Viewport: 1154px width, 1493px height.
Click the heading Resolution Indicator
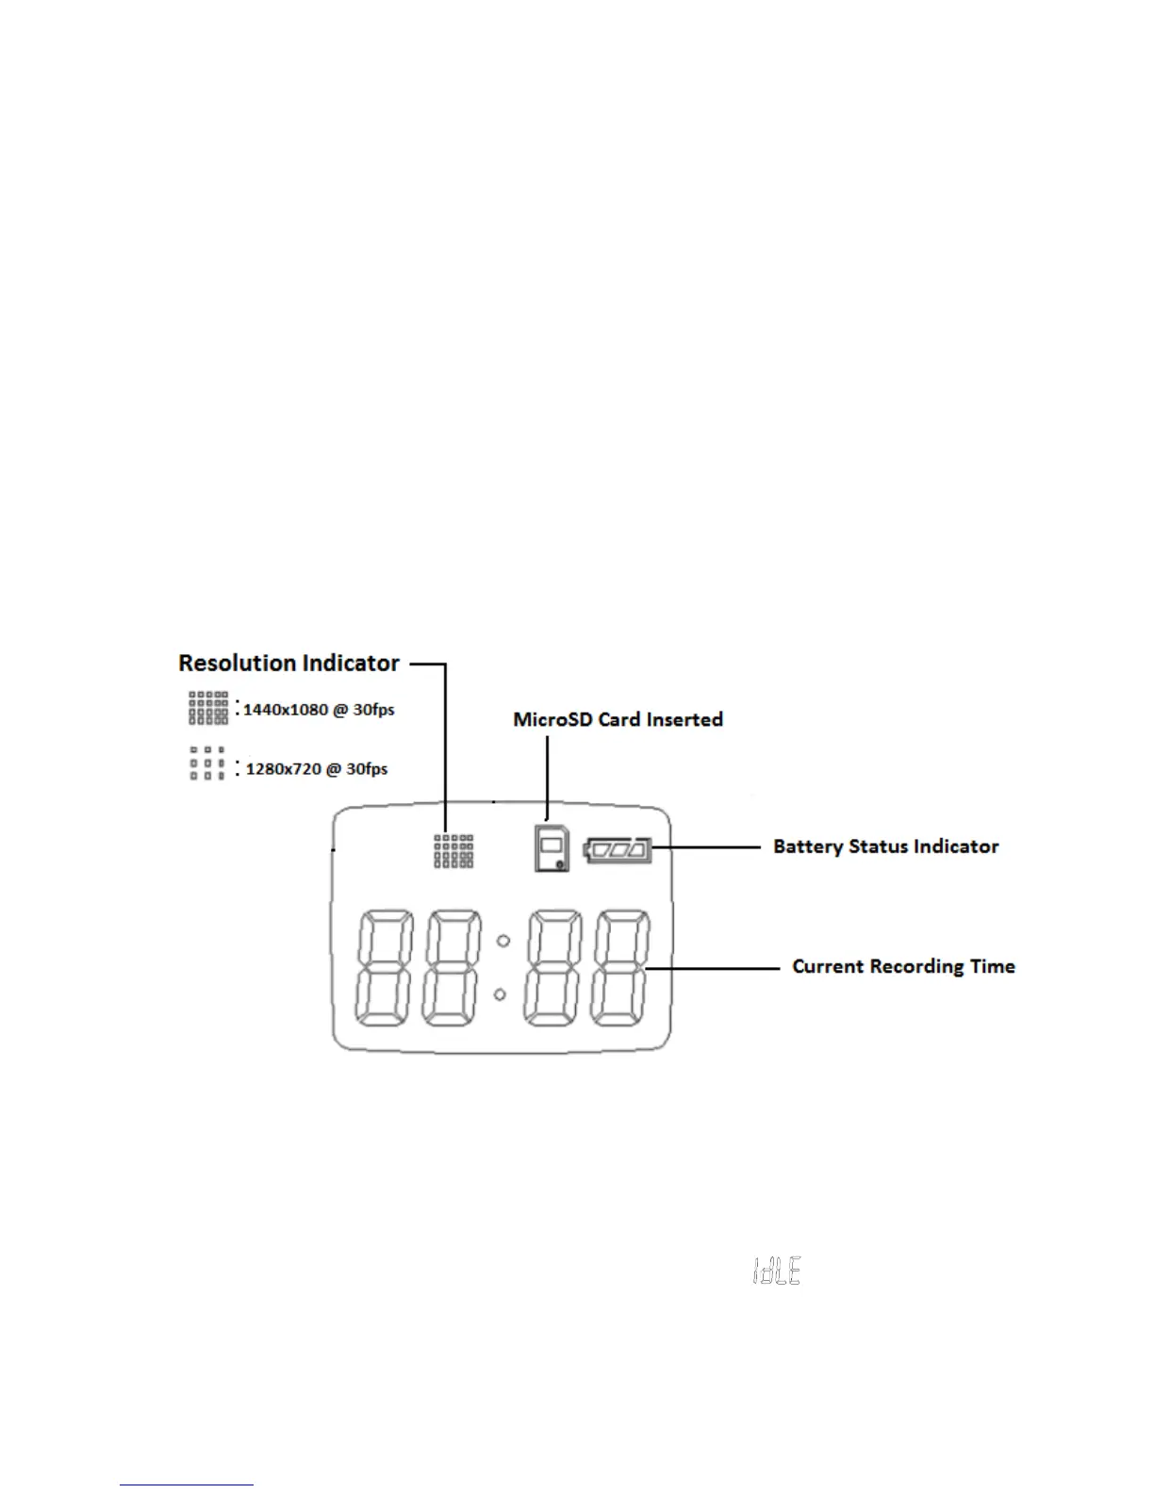tap(288, 664)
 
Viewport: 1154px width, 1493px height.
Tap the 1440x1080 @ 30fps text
tap(319, 710)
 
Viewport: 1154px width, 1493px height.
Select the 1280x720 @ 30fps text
tap(317, 769)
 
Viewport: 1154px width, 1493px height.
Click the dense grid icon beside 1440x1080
tap(208, 708)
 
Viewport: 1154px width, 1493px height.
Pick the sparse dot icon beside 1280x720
tap(207, 763)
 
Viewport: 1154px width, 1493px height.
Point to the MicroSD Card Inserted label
tap(618, 720)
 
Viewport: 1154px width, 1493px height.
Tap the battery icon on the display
tap(618, 850)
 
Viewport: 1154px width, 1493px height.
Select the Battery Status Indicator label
tap(885, 846)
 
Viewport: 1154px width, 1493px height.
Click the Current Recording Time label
tap(903, 967)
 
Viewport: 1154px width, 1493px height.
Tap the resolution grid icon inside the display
tap(453, 850)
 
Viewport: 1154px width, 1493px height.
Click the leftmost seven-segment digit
tap(384, 969)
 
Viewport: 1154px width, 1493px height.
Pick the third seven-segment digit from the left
tap(554, 969)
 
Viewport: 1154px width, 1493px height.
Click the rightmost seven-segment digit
tap(621, 969)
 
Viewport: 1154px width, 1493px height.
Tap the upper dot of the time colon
tap(503, 941)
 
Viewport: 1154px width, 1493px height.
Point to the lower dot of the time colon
tap(501, 994)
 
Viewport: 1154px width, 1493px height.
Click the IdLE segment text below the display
tap(777, 1272)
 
